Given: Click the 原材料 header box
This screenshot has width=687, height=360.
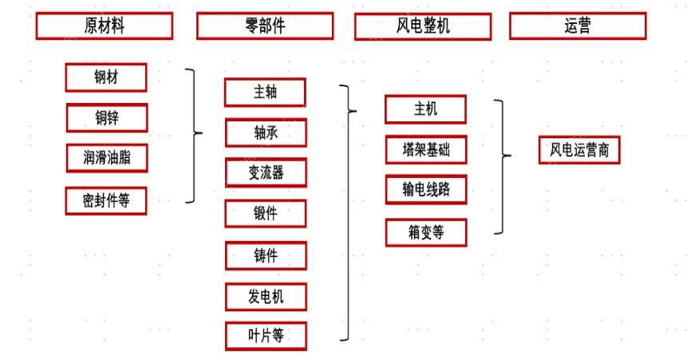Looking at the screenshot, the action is [x=105, y=26].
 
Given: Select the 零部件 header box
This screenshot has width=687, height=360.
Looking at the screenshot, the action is [x=265, y=26].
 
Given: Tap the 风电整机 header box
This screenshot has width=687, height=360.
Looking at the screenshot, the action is [x=423, y=26].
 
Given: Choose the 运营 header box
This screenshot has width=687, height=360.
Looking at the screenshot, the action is [x=578, y=26].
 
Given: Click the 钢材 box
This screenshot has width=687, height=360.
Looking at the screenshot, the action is [x=106, y=77].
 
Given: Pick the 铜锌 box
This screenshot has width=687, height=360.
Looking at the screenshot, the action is [x=107, y=118].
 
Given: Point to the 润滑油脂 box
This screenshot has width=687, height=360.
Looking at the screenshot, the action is [x=107, y=158].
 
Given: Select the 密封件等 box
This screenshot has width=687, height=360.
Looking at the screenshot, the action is [x=106, y=201].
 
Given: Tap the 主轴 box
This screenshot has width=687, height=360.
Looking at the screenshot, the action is [x=265, y=93].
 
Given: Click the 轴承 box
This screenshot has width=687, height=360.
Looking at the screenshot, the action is [x=266, y=133].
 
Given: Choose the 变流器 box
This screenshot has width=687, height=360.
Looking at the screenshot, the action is [x=266, y=172].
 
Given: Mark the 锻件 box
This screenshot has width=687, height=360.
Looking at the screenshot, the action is [x=266, y=214].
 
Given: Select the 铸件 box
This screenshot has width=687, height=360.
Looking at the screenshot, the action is [x=266, y=255].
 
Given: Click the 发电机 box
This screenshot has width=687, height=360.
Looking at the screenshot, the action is [x=266, y=297].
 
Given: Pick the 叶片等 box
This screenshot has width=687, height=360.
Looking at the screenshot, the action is [x=266, y=336].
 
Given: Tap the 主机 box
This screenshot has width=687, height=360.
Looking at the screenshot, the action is [x=425, y=109].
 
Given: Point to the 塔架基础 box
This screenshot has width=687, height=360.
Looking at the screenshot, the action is [x=426, y=149].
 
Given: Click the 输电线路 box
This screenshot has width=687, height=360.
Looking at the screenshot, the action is [x=426, y=189].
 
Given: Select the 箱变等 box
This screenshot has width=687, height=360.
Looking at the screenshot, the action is [x=426, y=232].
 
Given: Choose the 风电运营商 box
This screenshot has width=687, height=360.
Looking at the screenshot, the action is [x=579, y=150].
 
